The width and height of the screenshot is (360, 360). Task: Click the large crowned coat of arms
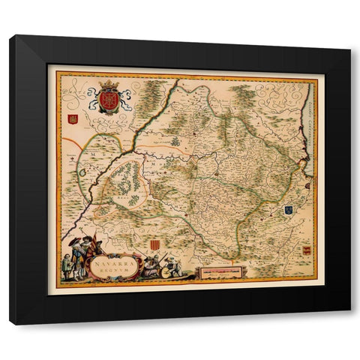point(109,100)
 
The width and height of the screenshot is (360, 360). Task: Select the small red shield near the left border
point(73,118)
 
